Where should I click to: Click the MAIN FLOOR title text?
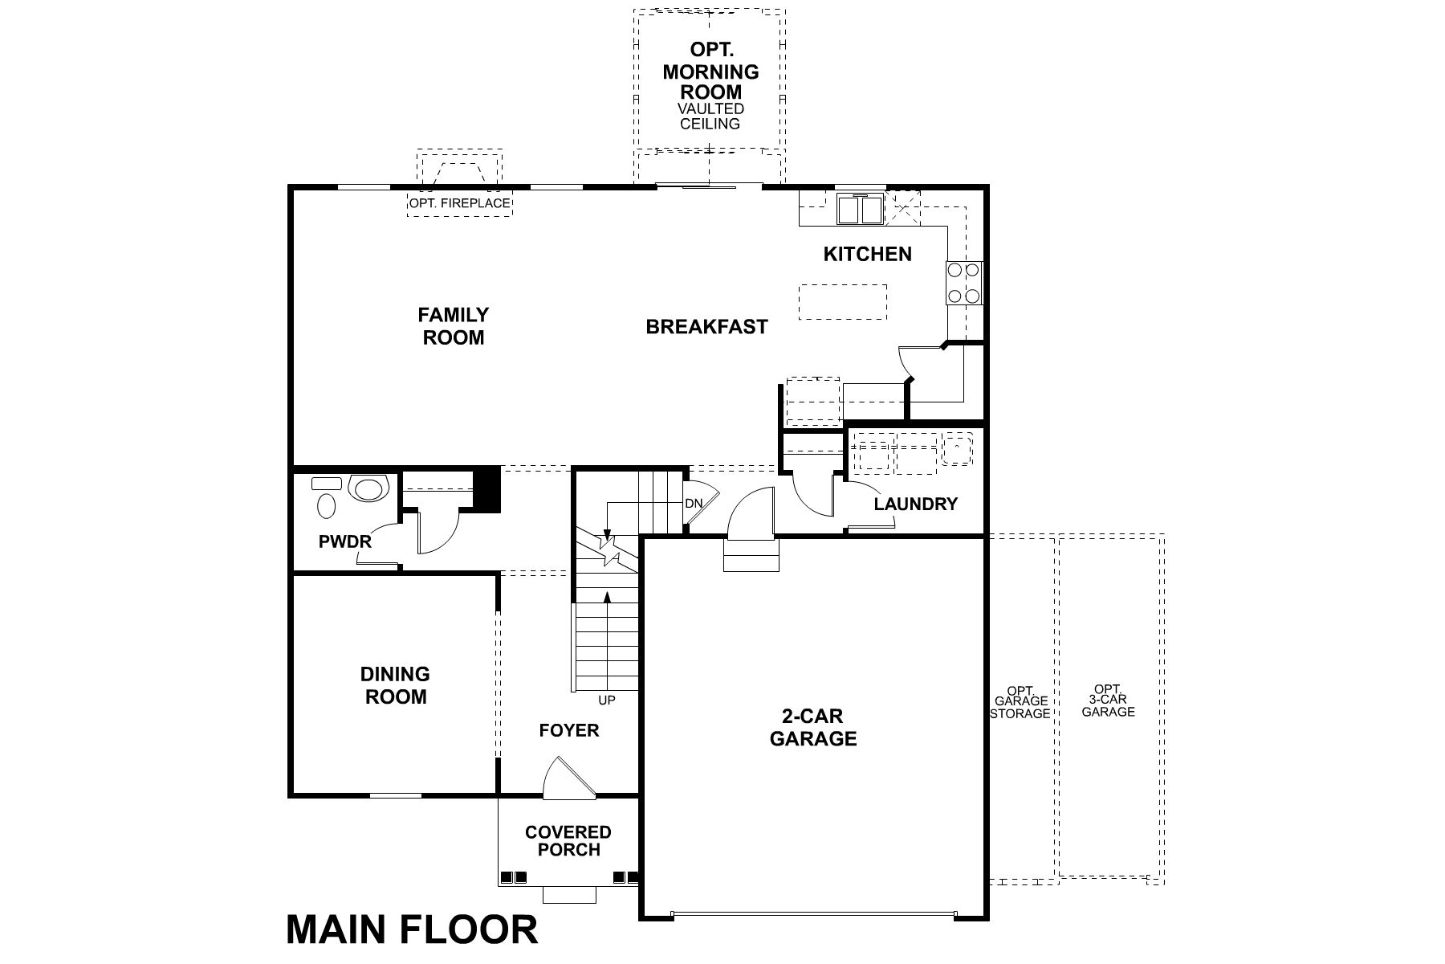[412, 929]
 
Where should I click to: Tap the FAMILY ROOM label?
[454, 326]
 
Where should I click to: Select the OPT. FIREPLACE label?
[459, 203]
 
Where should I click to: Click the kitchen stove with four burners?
[964, 283]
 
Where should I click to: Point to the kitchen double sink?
[859, 210]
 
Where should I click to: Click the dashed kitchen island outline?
[843, 302]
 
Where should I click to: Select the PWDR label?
[345, 541]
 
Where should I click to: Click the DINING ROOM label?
[395, 685]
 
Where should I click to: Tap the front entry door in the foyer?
[567, 779]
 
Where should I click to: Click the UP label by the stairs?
[607, 701]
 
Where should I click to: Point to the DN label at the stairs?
[694, 504]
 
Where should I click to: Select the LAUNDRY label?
[915, 504]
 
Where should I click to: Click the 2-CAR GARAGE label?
[813, 727]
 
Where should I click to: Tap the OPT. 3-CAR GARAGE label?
[1108, 701]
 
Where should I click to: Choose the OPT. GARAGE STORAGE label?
[1020, 702]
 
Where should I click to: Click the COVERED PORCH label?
[568, 840]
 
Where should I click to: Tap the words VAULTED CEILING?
[710, 116]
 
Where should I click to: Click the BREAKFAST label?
[706, 327]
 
